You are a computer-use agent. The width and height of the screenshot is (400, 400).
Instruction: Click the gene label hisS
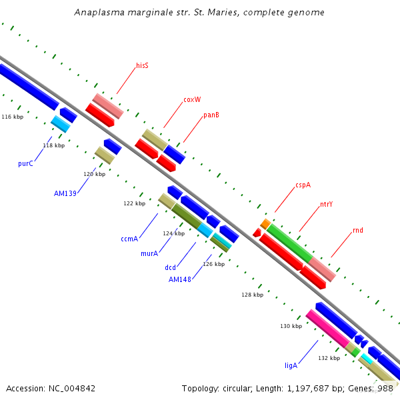pos(142,65)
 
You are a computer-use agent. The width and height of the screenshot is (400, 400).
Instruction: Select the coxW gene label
pos(192,100)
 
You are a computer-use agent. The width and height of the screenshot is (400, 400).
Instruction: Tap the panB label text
pos(211,115)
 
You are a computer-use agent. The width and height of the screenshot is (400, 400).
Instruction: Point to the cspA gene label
pos(303,185)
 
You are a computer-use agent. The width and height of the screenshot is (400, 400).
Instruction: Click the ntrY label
pos(326,204)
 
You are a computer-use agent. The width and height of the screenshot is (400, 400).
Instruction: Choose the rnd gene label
pos(358,231)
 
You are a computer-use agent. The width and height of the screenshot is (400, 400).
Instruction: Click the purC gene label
pos(25,163)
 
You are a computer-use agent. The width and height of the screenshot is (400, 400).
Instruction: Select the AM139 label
pos(65,193)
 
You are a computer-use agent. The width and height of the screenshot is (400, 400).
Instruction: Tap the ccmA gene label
pos(129,239)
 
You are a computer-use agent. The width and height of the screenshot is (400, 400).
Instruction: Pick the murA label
pos(149,253)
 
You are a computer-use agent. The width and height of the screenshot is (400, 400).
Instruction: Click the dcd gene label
pos(171,267)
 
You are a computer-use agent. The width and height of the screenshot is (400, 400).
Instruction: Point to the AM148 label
pos(180,279)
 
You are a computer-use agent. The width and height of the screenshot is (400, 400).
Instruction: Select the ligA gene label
pos(291,365)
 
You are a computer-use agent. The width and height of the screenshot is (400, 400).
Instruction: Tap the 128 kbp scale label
pos(252,294)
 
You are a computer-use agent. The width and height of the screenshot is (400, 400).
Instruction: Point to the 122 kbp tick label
pos(134,203)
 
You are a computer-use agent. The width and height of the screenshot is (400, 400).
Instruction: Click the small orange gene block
pos(265,223)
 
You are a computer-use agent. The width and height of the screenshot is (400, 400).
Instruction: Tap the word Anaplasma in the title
pos(99,13)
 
